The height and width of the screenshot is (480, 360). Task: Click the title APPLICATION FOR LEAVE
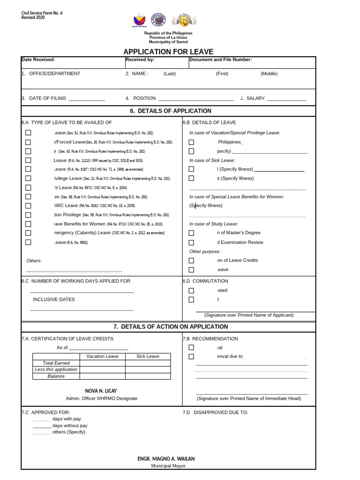pos(168,52)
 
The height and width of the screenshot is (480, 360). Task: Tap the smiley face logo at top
pos(184,20)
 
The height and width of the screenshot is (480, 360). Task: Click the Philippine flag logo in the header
pos(139,20)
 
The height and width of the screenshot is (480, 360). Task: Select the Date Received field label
pos(38,60)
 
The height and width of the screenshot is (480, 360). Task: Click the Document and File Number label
pos(220,60)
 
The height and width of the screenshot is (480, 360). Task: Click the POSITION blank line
pos(195,99)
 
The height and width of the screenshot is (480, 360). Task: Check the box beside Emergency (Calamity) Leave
pos(28,233)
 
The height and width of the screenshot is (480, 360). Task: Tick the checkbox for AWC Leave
pos(28,206)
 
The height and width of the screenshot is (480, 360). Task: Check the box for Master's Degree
pos(191,233)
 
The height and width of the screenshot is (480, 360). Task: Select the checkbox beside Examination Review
pos(191,243)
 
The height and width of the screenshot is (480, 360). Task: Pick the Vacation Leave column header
pos(102,356)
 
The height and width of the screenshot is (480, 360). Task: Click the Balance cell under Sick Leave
pos(148,376)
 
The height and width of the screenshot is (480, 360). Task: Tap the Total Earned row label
pos(56,363)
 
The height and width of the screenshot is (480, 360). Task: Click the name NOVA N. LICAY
pos(101,391)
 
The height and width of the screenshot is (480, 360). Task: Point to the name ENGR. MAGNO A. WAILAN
pos(166,458)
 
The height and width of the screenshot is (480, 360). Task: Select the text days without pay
pos(70,426)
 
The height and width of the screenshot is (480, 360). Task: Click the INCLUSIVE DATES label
pos(53,300)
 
